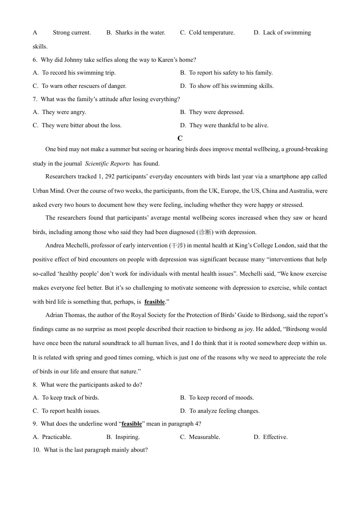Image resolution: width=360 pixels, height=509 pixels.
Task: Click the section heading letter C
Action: pos(180,138)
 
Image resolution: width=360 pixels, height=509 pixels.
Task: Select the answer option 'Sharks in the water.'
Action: pos(140,33)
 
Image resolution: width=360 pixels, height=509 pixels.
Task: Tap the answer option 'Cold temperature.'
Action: pos(211,33)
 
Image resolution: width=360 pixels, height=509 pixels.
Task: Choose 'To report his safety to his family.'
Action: pos(230,73)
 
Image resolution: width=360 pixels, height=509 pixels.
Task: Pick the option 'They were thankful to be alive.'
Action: pos(229,125)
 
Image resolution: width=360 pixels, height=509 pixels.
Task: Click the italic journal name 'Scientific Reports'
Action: pos(107,164)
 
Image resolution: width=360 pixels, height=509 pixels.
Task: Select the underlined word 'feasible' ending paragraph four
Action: pos(155,302)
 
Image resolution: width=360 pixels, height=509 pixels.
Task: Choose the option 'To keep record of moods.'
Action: pos(221,398)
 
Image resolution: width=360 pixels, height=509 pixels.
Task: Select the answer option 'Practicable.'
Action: pos(57,437)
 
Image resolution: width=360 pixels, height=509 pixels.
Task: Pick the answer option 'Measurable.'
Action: pos(204,437)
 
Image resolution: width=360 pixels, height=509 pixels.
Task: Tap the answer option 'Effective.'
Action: pos(275,437)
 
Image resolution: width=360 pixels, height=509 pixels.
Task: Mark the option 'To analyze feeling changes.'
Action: pos(224,411)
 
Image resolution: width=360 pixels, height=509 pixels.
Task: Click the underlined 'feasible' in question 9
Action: pos(131,424)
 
